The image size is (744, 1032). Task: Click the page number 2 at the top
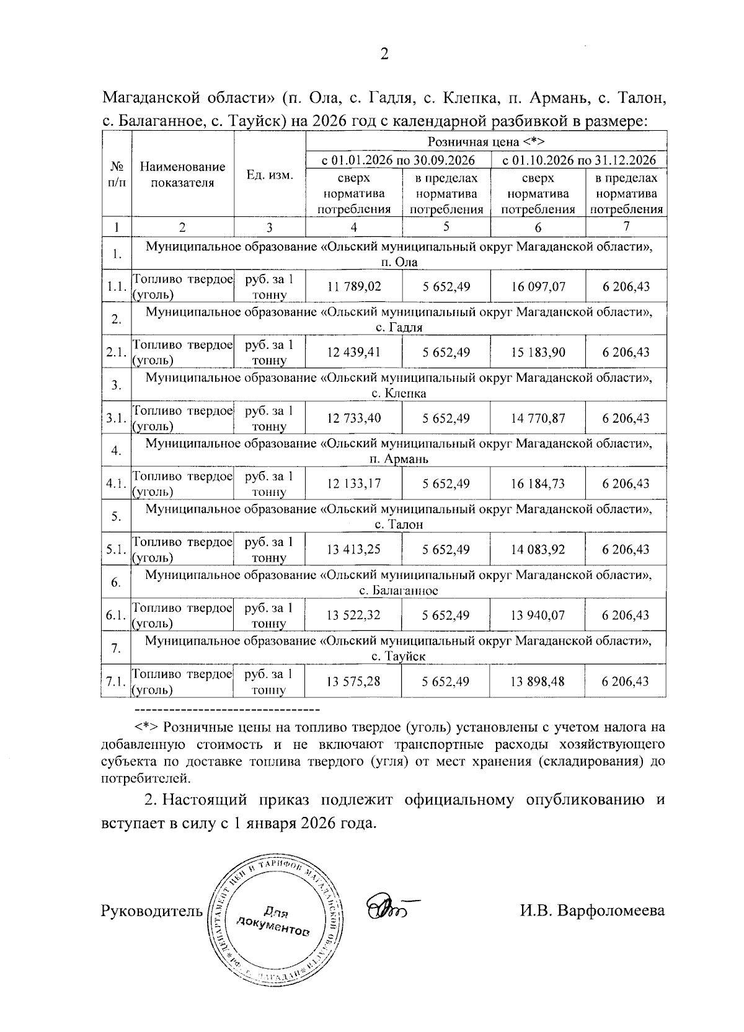point(384,55)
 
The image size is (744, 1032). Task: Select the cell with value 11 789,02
point(354,287)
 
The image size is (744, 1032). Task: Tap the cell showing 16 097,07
point(538,287)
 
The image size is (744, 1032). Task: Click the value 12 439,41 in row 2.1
point(354,353)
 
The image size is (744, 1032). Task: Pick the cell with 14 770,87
point(538,418)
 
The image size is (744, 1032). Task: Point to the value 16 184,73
point(538,484)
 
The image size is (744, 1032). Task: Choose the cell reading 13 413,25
point(354,550)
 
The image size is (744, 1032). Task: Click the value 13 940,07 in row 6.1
point(538,615)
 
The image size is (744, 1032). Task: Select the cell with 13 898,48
point(538,682)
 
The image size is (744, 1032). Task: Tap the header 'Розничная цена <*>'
point(485,142)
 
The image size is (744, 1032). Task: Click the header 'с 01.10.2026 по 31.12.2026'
point(578,161)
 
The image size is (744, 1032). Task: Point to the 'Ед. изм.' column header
point(270,175)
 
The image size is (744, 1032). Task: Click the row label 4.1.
point(116,484)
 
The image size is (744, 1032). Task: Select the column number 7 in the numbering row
point(626,227)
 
